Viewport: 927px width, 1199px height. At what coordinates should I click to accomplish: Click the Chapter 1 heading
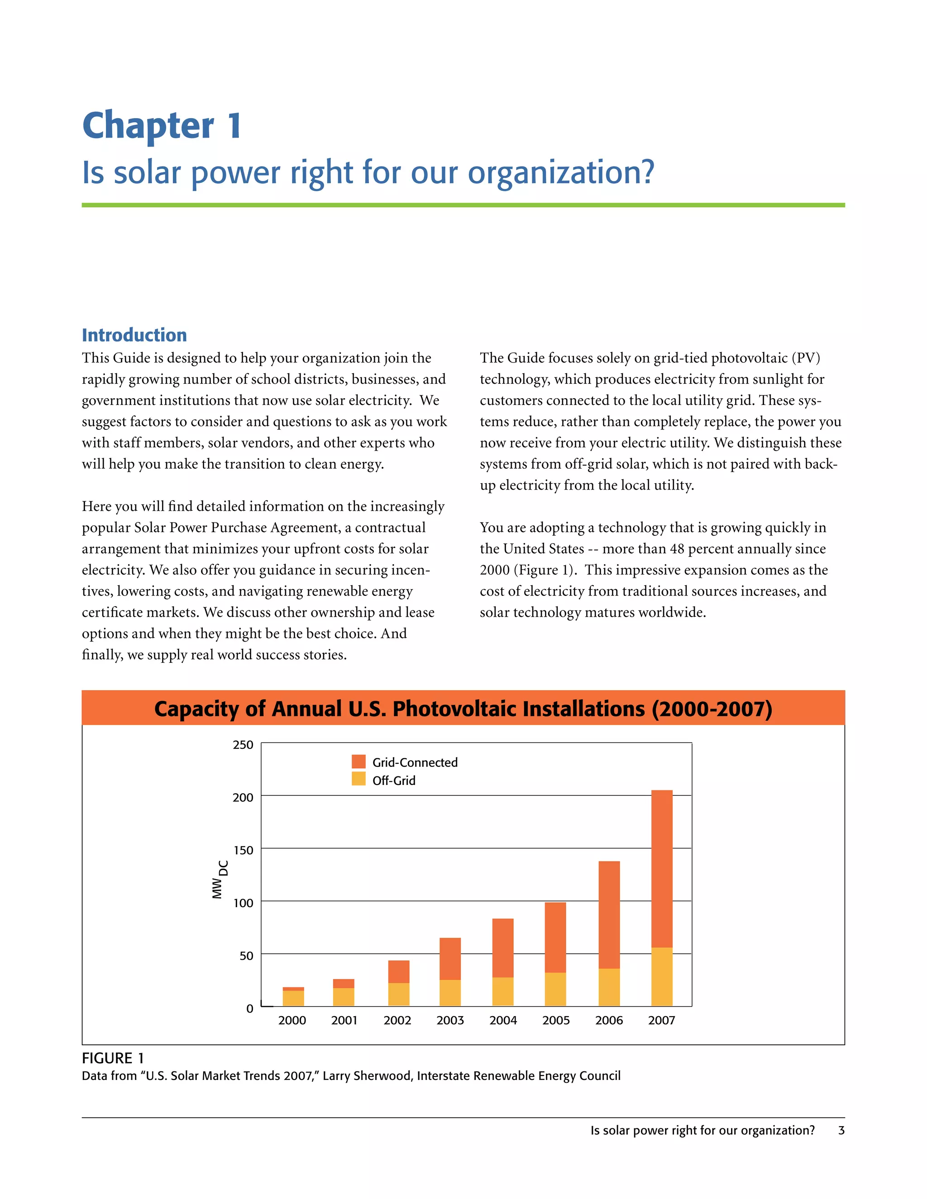point(162,126)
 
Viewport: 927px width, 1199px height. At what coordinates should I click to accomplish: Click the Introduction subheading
point(134,335)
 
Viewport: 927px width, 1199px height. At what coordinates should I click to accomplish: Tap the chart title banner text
point(463,708)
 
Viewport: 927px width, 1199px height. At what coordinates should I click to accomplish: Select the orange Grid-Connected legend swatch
point(358,761)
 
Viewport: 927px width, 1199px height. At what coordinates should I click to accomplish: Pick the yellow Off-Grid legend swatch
point(358,779)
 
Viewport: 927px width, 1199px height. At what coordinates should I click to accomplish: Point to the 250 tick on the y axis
point(243,745)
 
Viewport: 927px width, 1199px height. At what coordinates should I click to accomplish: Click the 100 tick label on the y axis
point(243,903)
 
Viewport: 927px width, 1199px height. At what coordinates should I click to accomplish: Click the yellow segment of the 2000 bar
point(293,998)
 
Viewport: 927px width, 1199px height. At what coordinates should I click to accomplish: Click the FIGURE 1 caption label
point(113,1058)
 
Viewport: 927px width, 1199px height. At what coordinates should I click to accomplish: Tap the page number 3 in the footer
point(841,1130)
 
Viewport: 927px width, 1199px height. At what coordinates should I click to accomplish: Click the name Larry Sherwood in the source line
point(366,1075)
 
